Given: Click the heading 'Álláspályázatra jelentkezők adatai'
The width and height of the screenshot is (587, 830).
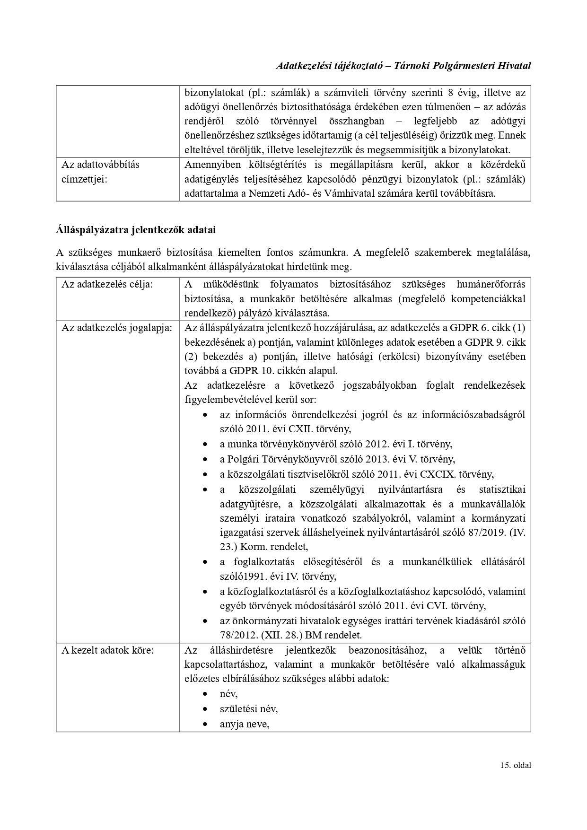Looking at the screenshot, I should [136, 230].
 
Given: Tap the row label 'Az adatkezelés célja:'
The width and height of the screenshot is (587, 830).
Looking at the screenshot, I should [107, 284].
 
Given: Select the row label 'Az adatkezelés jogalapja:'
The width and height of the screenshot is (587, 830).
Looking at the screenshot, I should [117, 328].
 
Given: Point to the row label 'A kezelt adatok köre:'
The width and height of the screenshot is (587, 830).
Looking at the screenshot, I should [107, 650].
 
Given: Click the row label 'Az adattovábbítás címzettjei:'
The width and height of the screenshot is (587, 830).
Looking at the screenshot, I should [101, 172].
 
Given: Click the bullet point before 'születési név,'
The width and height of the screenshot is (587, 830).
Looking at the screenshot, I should [205, 709].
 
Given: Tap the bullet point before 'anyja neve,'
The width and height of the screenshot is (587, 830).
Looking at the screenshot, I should [205, 724].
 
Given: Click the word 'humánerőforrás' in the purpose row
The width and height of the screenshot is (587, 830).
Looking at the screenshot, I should [491, 284].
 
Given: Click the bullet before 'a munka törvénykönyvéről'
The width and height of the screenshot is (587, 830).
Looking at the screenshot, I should [205, 445].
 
